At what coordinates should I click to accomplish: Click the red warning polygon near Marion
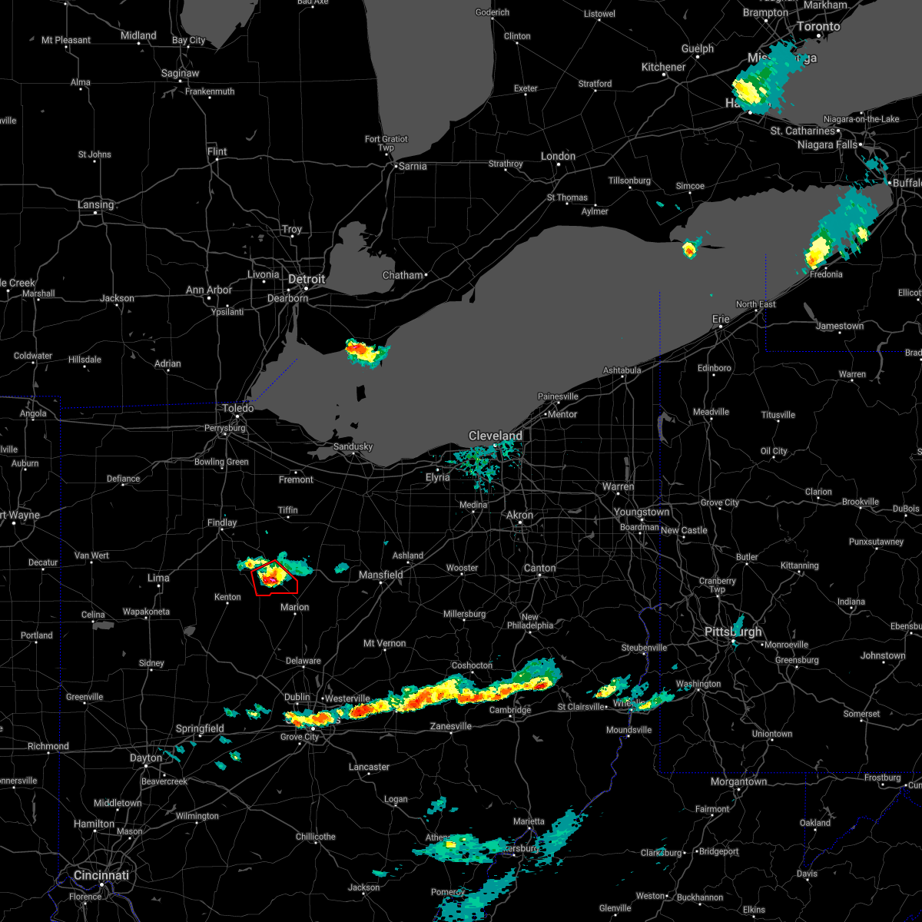point(275,578)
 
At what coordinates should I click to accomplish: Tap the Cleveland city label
point(496,436)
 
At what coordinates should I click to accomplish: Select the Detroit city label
point(307,279)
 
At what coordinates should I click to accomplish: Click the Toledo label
point(238,409)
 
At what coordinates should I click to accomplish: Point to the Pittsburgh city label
point(734,632)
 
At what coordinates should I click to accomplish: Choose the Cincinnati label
point(101,875)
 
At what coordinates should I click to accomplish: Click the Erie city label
point(721,318)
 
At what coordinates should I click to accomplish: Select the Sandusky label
point(353,446)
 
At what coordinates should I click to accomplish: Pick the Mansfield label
point(381,575)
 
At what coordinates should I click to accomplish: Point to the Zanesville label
point(451,726)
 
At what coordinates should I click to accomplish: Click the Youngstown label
point(642,512)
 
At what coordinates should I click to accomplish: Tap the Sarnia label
point(412,165)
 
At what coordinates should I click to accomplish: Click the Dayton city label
point(146,758)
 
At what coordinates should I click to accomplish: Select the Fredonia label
point(826,274)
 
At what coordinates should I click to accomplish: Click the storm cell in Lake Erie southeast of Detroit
point(366,352)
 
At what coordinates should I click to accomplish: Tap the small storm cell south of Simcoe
point(690,248)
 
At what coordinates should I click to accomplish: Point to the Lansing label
point(95,205)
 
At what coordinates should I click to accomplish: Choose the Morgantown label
point(738,781)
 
